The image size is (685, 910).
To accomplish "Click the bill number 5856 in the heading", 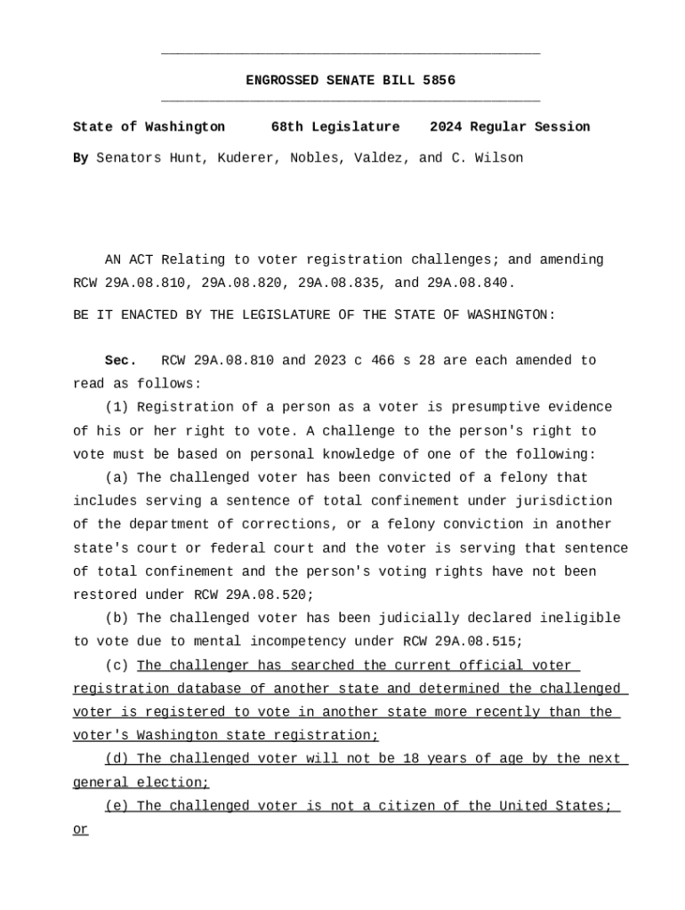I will click(x=439, y=81).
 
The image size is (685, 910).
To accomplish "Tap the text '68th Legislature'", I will click(x=334, y=127).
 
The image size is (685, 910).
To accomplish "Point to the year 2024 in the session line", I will click(x=446, y=127).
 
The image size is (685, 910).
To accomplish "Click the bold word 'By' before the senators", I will click(x=80, y=158).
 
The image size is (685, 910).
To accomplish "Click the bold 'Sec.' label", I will click(x=120, y=361).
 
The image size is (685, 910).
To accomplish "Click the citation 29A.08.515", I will click(x=479, y=642).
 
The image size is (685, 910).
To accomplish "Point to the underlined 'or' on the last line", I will click(x=80, y=830).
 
